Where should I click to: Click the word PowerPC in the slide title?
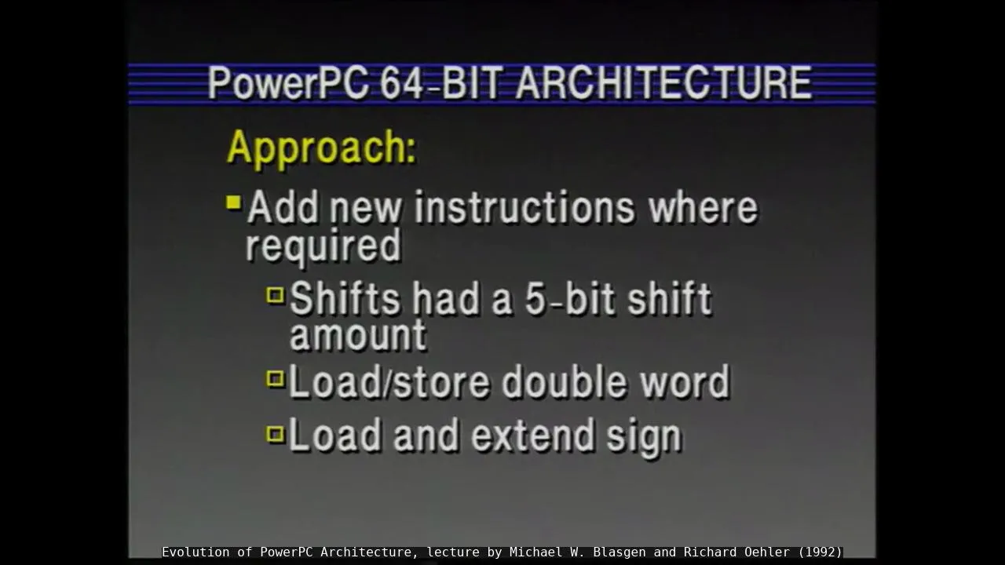click(x=289, y=83)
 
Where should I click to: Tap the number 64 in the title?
click(x=402, y=83)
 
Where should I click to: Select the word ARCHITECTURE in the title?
click(x=663, y=83)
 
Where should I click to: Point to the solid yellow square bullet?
click(x=234, y=202)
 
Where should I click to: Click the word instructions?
click(x=524, y=207)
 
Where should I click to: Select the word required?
click(x=323, y=246)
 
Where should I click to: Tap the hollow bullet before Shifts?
click(x=276, y=295)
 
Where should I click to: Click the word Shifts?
click(x=345, y=297)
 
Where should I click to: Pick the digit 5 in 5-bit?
click(x=535, y=300)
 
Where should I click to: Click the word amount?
click(x=358, y=334)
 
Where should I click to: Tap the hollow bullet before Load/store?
click(x=276, y=378)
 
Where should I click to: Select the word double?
click(x=564, y=381)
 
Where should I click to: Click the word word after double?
click(x=685, y=382)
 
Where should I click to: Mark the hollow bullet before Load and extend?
click(x=276, y=434)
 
